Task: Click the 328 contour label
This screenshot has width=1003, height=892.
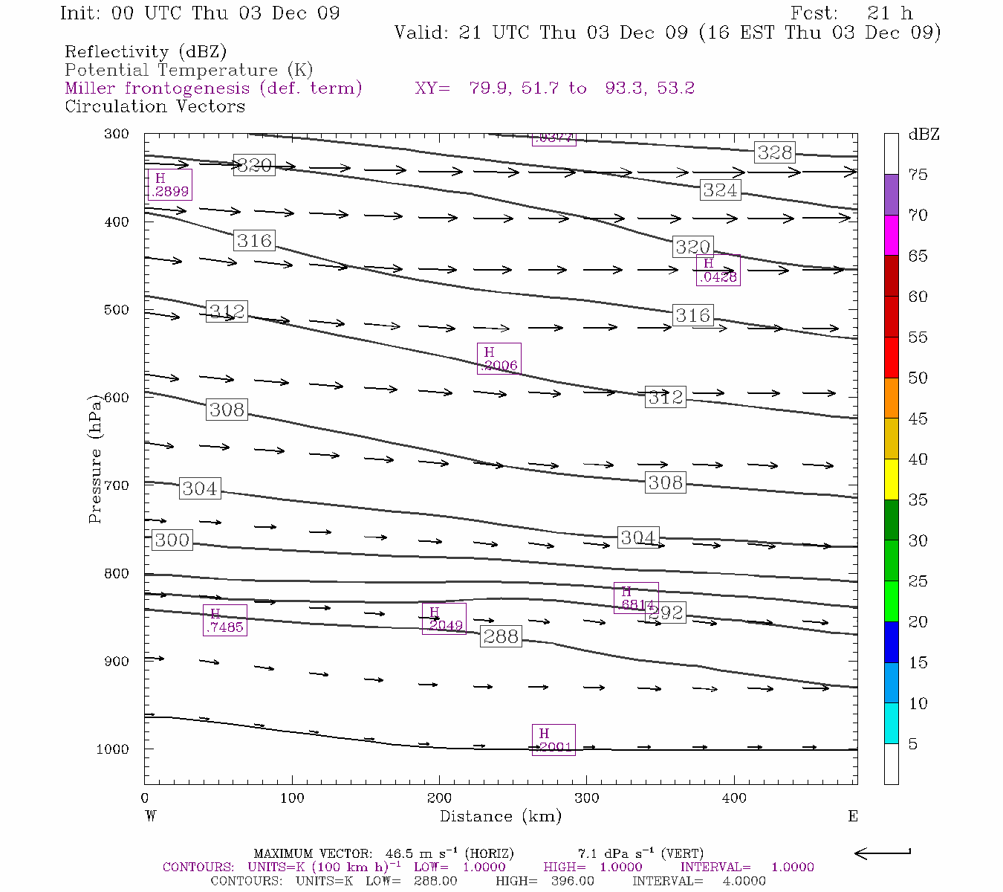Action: pyautogui.click(x=775, y=152)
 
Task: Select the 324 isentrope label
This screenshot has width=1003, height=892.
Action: pyautogui.click(x=720, y=190)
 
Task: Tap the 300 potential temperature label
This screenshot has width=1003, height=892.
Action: pyautogui.click(x=172, y=540)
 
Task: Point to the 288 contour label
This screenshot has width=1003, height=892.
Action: pyautogui.click(x=501, y=636)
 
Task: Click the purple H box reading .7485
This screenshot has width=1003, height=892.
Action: pyautogui.click(x=224, y=620)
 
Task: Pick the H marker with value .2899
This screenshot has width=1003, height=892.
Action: pyautogui.click(x=170, y=184)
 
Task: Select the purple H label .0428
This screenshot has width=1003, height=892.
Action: pyautogui.click(x=718, y=270)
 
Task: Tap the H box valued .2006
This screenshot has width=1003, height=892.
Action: pyautogui.click(x=499, y=358)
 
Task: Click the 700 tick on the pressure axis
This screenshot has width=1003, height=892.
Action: pyautogui.click(x=116, y=485)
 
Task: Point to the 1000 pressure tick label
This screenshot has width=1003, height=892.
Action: pyautogui.click(x=112, y=749)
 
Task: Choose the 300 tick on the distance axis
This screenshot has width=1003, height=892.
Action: pyautogui.click(x=587, y=798)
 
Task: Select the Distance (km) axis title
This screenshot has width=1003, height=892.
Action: pyautogui.click(x=500, y=816)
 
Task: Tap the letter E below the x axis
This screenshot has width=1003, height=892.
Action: pyautogui.click(x=852, y=816)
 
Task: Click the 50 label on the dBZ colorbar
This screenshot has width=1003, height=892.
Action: pyautogui.click(x=918, y=378)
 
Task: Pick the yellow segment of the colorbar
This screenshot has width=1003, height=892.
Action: pyautogui.click(x=891, y=479)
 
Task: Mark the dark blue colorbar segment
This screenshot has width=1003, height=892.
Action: pyautogui.click(x=891, y=641)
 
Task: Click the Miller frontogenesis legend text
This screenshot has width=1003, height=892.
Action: pyautogui.click(x=213, y=88)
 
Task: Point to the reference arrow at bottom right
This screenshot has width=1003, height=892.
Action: pyautogui.click(x=883, y=853)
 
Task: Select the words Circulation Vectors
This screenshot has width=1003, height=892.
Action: pyautogui.click(x=155, y=106)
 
